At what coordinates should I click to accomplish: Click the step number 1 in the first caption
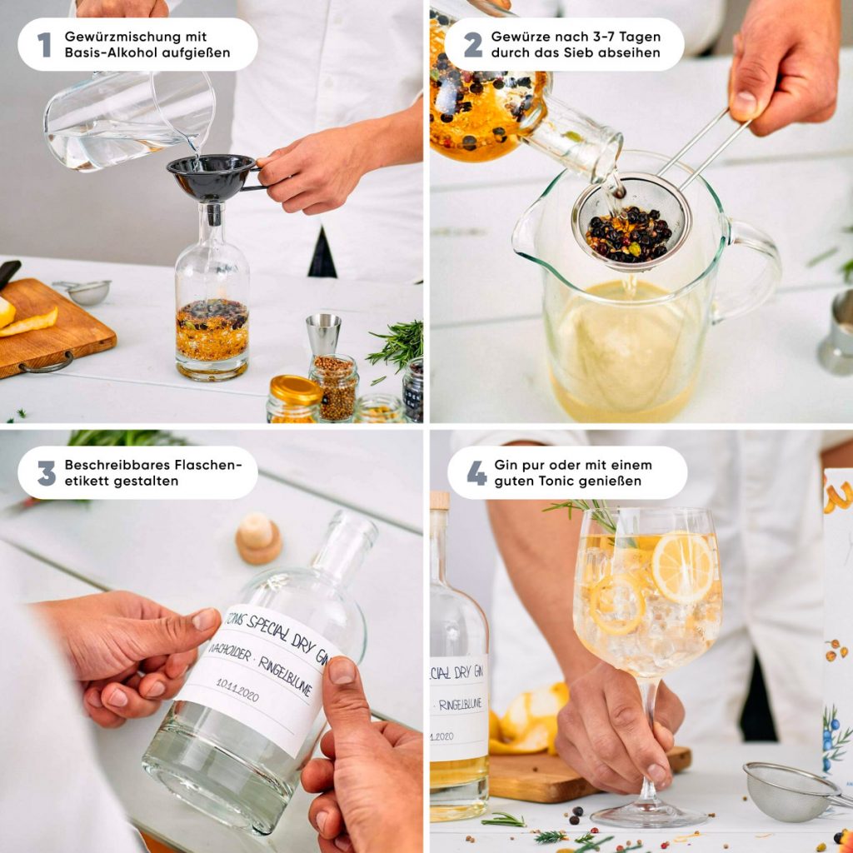pyautogui.click(x=44, y=45)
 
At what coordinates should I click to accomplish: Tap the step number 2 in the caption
pyautogui.click(x=472, y=45)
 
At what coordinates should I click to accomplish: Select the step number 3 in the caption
pyautogui.click(x=47, y=473)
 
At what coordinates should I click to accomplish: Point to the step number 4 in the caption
pyautogui.click(x=476, y=473)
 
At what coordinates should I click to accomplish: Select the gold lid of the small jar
pyautogui.click(x=295, y=389)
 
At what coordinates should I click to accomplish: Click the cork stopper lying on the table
pyautogui.click(x=258, y=537)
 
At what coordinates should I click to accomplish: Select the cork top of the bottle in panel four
pyautogui.click(x=439, y=501)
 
